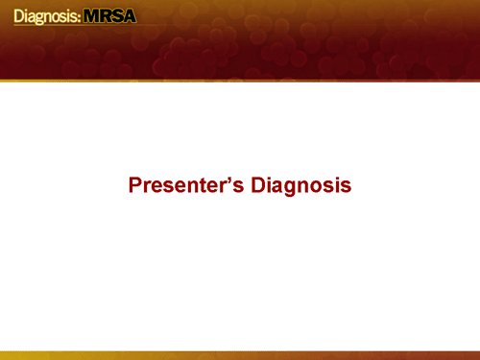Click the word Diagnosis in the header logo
[x=45, y=16]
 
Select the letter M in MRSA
[x=93, y=16]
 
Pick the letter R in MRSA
[x=108, y=16]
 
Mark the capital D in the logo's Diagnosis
[x=19, y=16]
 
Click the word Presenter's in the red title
[x=186, y=184]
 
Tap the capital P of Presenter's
[x=135, y=184]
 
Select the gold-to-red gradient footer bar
[x=240, y=354]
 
